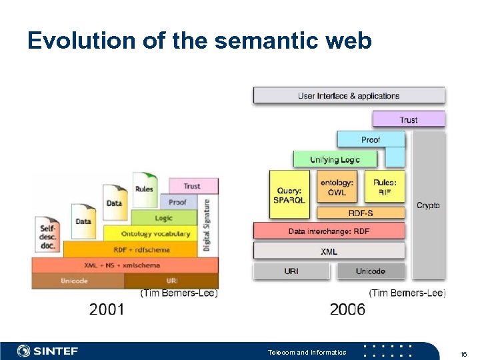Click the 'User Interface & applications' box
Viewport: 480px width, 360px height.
coord(349,95)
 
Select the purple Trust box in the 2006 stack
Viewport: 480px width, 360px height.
coord(408,119)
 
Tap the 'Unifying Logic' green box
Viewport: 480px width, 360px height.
coord(335,159)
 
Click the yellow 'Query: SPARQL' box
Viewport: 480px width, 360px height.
coord(289,193)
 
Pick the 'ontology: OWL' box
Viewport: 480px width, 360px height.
coord(337,187)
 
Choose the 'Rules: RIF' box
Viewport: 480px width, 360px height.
coord(385,187)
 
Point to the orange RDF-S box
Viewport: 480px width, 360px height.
coord(361,213)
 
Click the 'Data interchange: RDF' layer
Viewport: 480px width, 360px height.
coord(329,231)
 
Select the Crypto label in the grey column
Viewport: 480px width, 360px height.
coord(428,205)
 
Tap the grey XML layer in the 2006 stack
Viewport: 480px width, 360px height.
coord(329,251)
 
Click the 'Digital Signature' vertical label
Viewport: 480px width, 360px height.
coord(207,226)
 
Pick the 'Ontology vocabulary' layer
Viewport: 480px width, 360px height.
coord(155,234)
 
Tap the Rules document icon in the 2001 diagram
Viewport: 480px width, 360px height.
coord(144,189)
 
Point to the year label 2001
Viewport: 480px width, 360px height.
coord(107,309)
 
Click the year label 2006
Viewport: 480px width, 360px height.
coord(347,309)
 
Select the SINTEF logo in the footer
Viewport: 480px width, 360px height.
coord(51,351)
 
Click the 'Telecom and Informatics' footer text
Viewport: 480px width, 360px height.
coord(307,352)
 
